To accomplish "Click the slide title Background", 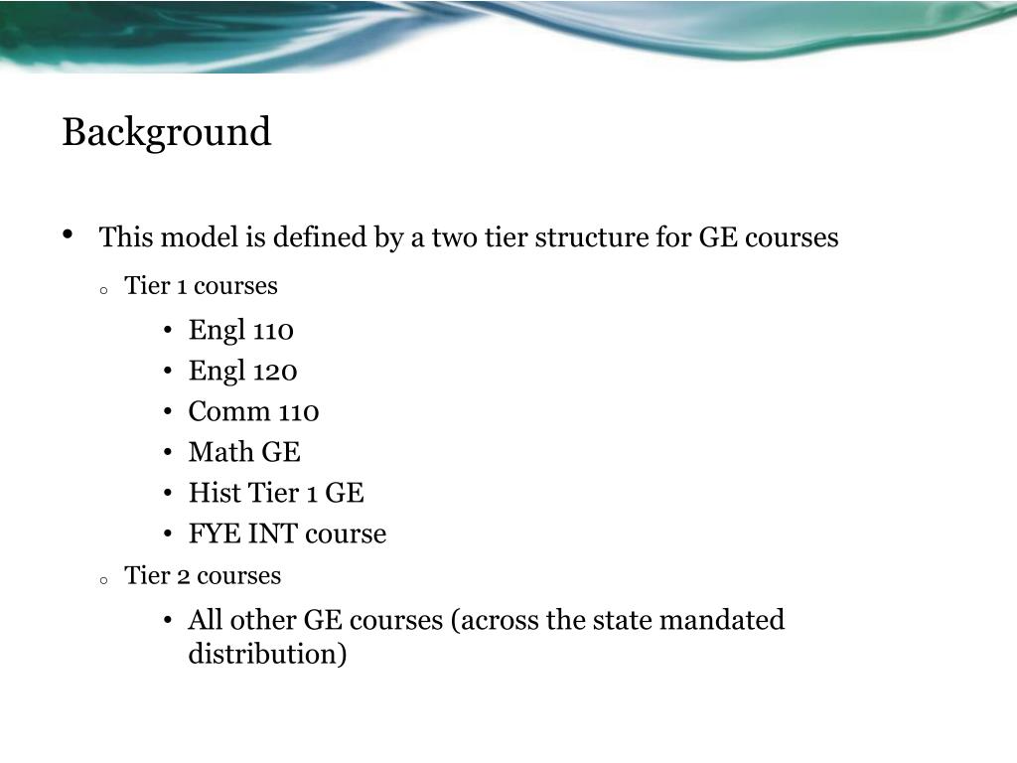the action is click(x=166, y=133).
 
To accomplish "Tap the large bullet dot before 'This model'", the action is click(x=68, y=234).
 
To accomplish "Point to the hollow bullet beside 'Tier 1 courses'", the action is click(x=103, y=291).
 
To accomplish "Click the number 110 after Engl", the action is click(x=273, y=331).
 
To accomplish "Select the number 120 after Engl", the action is click(x=275, y=372).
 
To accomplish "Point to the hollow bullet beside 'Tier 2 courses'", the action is click(x=103, y=581).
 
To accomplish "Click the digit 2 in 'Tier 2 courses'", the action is click(x=184, y=576).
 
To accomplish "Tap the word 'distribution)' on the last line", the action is click(x=267, y=654).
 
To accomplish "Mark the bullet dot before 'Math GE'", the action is click(x=168, y=452).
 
